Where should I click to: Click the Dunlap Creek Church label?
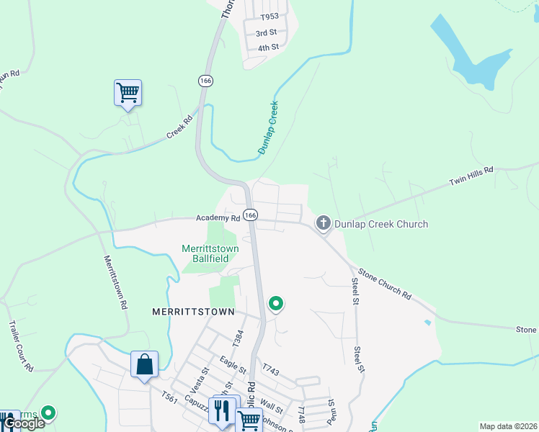click(381, 224)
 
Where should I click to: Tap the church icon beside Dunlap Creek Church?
click(323, 224)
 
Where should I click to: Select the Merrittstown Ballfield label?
click(210, 253)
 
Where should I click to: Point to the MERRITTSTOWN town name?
click(194, 312)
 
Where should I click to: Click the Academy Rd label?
click(217, 218)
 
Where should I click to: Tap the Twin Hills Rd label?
click(471, 177)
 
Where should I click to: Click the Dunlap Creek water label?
click(268, 127)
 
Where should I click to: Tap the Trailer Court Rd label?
click(19, 346)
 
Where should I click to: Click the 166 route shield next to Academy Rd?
click(250, 215)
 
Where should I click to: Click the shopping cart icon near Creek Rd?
click(128, 92)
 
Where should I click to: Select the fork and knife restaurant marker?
click(225, 410)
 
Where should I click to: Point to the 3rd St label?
click(267, 33)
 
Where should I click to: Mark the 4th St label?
click(268, 48)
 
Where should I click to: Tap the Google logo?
click(24, 423)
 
